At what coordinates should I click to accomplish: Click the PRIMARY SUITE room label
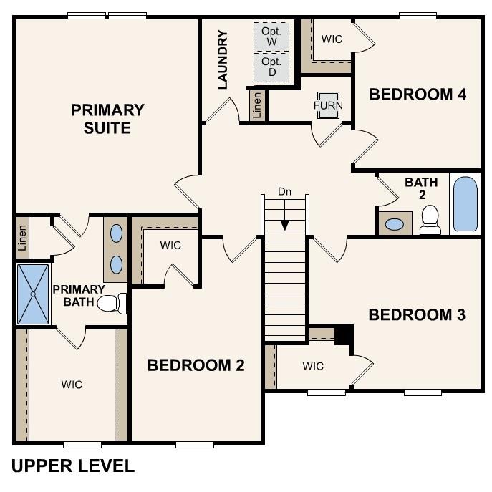[x=107, y=119]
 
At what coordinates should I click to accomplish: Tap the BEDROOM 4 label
[x=418, y=94]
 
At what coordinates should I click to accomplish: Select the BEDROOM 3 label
[x=417, y=314]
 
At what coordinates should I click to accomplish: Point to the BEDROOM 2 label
[x=196, y=365]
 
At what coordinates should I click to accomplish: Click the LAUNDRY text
[x=222, y=59]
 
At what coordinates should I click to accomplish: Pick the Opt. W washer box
[x=271, y=37]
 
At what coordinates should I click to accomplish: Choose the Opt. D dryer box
[x=271, y=67]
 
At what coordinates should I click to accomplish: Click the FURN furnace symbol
[x=328, y=105]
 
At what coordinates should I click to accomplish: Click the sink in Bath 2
[x=394, y=224]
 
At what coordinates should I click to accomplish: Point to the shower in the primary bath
[x=33, y=294]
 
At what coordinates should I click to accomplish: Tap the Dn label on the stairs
[x=285, y=192]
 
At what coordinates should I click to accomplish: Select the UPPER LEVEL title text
[x=73, y=466]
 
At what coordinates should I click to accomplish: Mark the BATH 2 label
[x=421, y=188]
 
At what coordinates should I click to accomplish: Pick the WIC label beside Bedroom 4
[x=332, y=39]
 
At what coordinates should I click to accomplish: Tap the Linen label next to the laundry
[x=257, y=105]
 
